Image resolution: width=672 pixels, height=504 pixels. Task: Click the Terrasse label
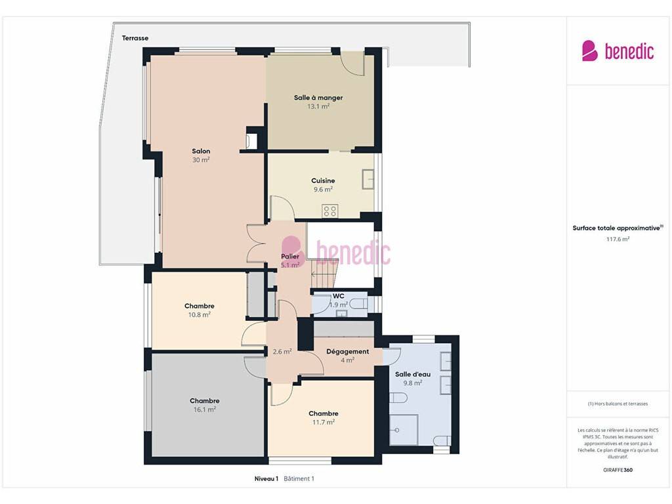pos(135,38)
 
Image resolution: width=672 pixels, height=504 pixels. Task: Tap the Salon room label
pos(201,152)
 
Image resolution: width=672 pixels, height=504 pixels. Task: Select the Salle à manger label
pos(318,98)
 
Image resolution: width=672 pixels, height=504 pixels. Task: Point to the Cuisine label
pos(323,181)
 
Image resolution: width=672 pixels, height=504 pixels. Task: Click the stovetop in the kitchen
pos(330,211)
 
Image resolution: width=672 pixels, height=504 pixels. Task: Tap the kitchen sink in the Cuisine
pos(368,179)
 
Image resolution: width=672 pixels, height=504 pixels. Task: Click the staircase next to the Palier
pos(325,274)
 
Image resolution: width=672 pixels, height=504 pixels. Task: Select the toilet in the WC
pos(359,304)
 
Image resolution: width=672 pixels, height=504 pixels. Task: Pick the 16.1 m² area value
pos(205,409)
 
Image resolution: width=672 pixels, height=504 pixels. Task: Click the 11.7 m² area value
pos(324,423)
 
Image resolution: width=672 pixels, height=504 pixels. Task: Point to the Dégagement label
pos(348,352)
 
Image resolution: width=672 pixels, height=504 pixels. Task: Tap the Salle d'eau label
pos(413,374)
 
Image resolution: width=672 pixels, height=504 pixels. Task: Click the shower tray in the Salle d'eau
pos(404,430)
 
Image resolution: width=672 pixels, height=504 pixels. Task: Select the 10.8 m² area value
pos(199,315)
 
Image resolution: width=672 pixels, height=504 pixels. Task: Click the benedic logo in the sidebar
pos(618,51)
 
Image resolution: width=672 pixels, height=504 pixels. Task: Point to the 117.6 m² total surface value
pos(618,239)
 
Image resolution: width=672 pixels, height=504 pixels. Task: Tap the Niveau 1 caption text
pos(266,478)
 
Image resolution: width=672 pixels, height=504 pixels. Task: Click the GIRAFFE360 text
pos(618,470)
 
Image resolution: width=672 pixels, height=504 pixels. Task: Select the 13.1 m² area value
pos(318,107)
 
